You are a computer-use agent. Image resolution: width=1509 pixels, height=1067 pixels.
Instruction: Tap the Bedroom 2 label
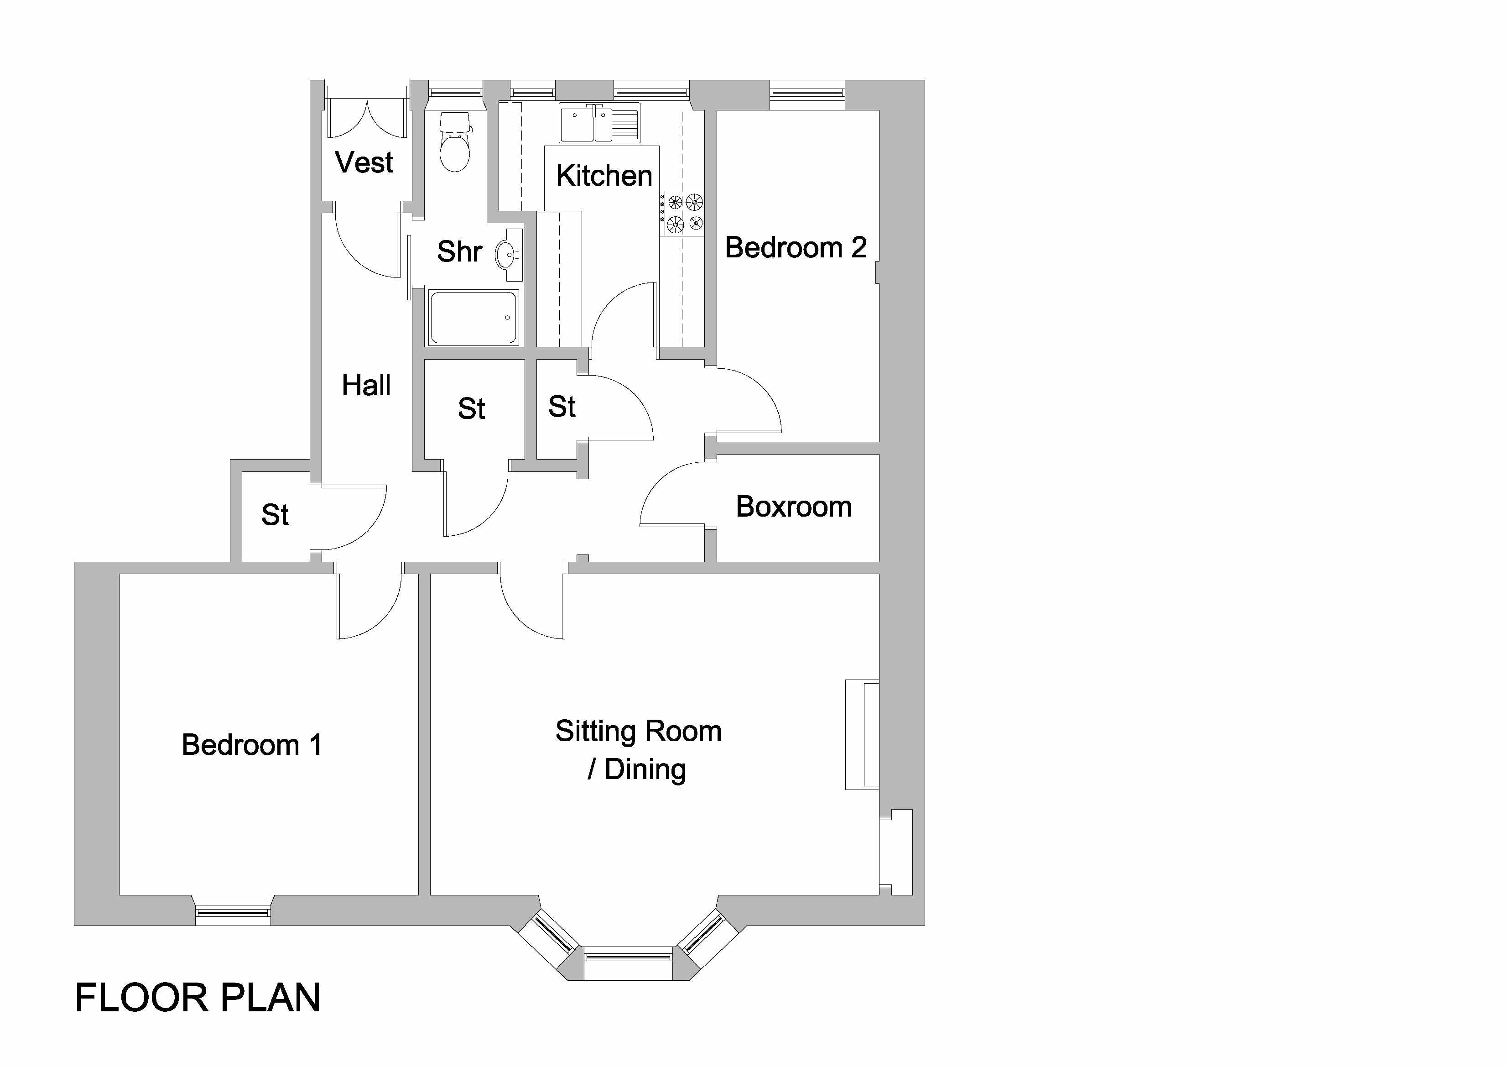coord(795,248)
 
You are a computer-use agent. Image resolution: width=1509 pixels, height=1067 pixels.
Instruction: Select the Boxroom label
coord(793,507)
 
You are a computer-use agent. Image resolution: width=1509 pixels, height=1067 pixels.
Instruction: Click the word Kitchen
coord(604,176)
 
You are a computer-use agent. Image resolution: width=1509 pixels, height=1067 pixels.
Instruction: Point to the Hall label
coord(366,385)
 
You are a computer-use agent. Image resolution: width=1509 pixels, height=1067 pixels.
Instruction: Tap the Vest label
coord(364,162)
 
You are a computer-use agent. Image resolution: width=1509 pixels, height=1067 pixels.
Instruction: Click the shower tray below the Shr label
coord(473,318)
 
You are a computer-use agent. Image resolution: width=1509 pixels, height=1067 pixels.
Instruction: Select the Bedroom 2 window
coord(807,89)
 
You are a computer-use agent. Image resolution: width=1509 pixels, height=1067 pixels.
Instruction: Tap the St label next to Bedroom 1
coord(275,515)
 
